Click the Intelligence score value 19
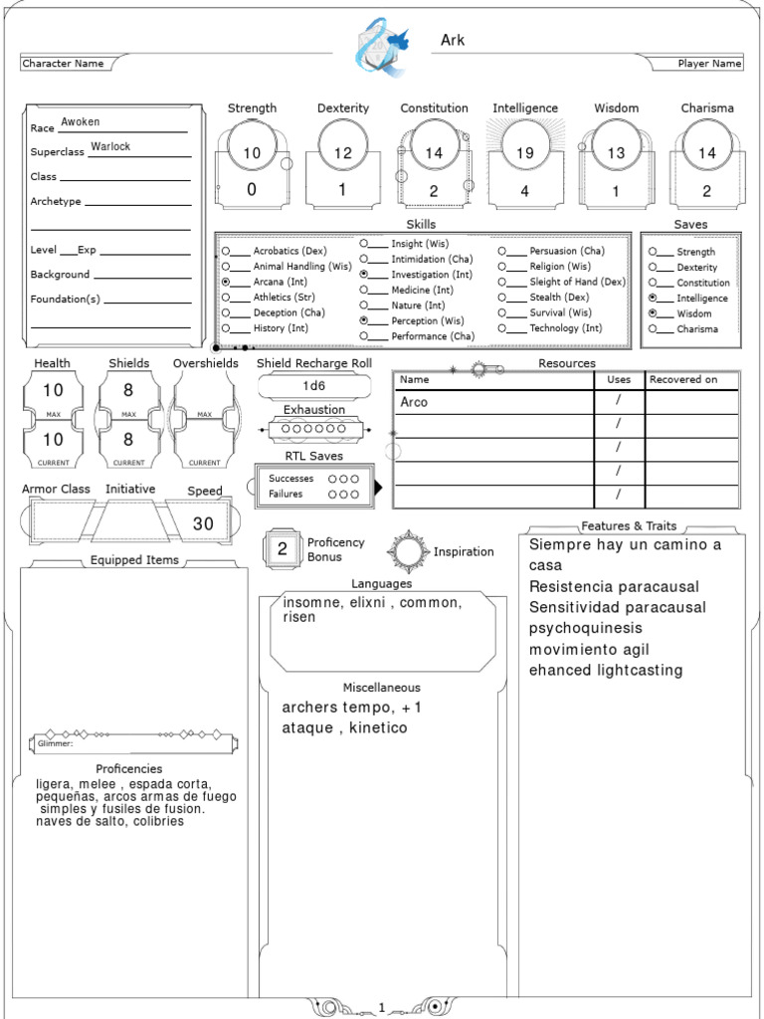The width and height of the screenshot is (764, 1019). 525,153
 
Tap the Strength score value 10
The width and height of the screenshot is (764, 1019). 252,153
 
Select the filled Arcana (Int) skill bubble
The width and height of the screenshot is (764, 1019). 227,282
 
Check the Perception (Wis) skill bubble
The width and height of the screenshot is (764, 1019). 365,320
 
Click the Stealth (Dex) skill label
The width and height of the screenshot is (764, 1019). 559,297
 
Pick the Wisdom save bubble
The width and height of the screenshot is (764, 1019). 653,312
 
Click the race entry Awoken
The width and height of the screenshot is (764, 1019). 81,121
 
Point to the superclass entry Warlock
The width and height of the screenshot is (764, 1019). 110,146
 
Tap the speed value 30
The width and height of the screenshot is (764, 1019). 203,523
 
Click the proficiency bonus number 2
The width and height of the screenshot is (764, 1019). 283,548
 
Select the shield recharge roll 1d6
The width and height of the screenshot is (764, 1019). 313,385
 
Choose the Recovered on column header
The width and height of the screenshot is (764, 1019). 683,379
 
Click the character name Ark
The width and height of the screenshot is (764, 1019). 453,40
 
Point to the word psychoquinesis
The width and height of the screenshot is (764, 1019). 586,628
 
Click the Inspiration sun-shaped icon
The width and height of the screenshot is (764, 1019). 409,551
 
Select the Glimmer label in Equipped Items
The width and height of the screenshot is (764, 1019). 56,743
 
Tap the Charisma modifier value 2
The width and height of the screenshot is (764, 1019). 706,191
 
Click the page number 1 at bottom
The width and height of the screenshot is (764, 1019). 382,1008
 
